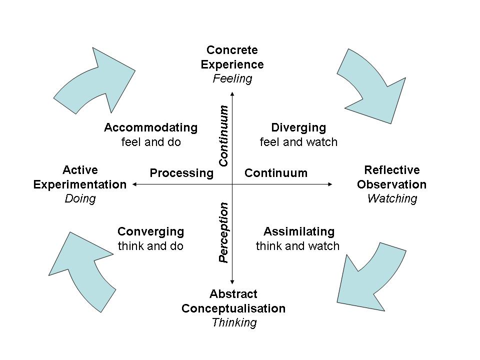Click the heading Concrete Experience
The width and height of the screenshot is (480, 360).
(232, 57)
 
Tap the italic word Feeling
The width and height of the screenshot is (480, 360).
(232, 78)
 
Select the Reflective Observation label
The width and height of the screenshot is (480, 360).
(391, 177)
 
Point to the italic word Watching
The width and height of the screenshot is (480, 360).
(391, 198)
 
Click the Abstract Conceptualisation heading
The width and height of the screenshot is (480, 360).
(233, 301)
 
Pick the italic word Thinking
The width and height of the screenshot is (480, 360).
(233, 322)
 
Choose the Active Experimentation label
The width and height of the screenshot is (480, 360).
(80, 177)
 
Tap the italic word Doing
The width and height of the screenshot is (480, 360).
(80, 198)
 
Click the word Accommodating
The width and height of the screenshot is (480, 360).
(150, 127)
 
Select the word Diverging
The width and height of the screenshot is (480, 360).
(298, 127)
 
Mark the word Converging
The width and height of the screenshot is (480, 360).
(150, 231)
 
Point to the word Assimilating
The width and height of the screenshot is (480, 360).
(298, 231)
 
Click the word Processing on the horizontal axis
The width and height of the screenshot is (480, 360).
(181, 173)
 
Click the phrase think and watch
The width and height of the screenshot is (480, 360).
(297, 246)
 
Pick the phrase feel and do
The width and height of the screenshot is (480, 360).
(150, 142)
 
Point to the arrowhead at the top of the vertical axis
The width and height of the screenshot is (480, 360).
(232, 93)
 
